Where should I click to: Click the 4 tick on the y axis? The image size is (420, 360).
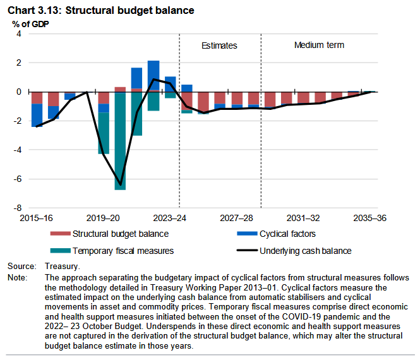coord(19,34)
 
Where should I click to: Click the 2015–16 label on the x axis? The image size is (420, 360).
coord(37,218)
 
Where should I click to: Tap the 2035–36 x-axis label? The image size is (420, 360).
coord(369,218)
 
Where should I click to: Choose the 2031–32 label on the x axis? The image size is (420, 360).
coord(303,218)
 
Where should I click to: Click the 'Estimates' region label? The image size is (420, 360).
coord(219,45)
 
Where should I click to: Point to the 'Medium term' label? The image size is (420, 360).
coord(319,45)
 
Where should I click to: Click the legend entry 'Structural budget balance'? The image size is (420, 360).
coord(120,234)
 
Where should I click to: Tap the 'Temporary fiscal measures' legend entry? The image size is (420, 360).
coord(123,251)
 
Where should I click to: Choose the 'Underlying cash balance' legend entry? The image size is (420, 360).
coord(305,251)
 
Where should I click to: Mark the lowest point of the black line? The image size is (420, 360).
coord(120,185)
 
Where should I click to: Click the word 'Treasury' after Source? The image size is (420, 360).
coord(62,267)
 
